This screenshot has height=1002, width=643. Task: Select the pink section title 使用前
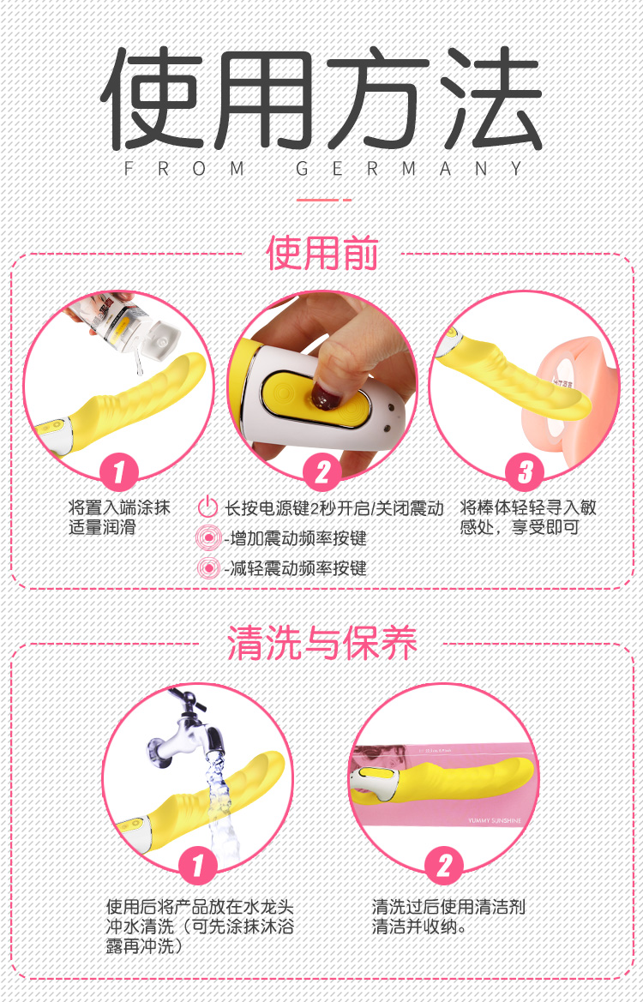(322, 253)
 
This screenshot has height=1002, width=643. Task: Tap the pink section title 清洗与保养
(322, 642)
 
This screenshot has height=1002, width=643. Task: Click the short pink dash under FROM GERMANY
(324, 200)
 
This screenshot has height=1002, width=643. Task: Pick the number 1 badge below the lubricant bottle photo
(119, 473)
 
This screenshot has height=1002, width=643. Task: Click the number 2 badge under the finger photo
(321, 473)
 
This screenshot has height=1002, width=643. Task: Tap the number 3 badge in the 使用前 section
(524, 473)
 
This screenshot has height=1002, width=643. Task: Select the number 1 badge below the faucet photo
(197, 867)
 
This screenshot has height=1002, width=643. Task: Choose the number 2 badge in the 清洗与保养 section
(443, 867)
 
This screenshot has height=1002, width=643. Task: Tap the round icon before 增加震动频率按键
(207, 537)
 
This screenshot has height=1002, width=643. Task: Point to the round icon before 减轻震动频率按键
(207, 567)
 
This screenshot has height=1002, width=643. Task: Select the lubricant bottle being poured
(128, 322)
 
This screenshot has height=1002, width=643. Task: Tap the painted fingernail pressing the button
(326, 397)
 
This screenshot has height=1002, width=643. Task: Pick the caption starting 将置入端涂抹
(119, 519)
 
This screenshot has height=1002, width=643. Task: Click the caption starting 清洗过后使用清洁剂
(448, 916)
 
